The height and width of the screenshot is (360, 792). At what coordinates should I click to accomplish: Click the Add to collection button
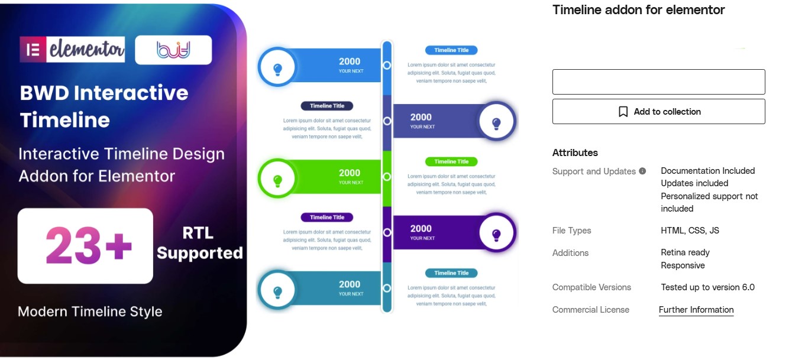659,112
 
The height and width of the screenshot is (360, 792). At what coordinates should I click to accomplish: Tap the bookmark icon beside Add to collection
623,112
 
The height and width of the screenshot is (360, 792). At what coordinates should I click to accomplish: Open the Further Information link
696,310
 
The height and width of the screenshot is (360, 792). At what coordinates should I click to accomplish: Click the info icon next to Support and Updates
642,171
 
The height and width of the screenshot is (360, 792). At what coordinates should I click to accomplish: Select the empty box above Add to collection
659,82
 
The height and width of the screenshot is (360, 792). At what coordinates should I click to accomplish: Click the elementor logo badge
72,50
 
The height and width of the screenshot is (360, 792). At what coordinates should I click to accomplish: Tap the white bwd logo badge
173,50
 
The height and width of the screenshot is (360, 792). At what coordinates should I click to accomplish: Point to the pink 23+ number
88,245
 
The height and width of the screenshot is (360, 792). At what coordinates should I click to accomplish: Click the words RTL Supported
200,243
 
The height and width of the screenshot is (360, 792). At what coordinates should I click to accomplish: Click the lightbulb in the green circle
278,181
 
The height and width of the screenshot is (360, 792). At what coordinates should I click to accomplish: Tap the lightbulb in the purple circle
496,235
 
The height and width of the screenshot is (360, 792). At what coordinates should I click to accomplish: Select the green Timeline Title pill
451,161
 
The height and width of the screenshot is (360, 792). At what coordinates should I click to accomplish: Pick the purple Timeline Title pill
327,218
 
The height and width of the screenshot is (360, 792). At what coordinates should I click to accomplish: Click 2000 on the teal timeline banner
350,284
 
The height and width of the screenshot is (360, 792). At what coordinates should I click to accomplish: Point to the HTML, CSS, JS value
690,231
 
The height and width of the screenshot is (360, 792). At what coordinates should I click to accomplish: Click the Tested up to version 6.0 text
708,287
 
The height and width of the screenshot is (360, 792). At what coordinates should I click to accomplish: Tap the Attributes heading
575,153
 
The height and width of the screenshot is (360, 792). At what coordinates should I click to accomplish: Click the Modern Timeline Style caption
90,312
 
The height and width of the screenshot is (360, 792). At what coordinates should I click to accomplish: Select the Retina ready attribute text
685,252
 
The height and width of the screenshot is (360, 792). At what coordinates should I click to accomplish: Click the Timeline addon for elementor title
639,10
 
